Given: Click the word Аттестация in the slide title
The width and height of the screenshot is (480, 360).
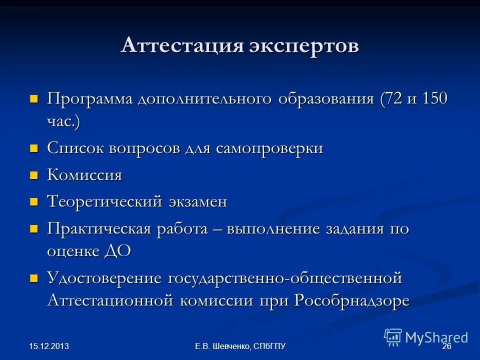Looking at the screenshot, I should (x=182, y=46).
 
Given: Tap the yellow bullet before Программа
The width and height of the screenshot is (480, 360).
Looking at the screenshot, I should (x=34, y=98).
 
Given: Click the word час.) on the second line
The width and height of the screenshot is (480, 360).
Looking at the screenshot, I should (x=63, y=121).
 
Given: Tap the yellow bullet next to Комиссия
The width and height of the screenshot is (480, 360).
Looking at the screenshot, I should (x=34, y=175).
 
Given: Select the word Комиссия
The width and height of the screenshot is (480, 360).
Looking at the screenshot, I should (x=84, y=175).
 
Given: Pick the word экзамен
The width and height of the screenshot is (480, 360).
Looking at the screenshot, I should (x=198, y=202).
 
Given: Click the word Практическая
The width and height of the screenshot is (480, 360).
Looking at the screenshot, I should (x=98, y=229).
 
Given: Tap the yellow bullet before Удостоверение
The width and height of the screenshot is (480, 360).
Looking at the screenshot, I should (x=34, y=278).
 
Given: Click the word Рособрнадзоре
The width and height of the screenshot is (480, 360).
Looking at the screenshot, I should (x=352, y=300).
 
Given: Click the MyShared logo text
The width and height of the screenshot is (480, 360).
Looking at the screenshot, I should (x=436, y=337).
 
